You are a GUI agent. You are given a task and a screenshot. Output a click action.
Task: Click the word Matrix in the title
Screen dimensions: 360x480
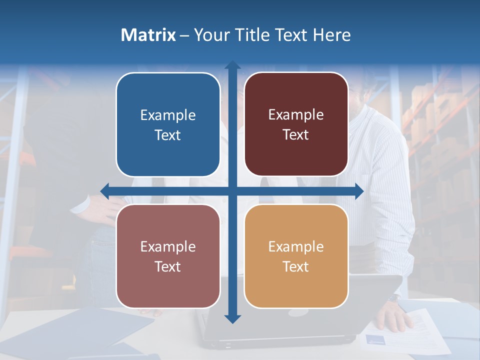(x=148, y=35)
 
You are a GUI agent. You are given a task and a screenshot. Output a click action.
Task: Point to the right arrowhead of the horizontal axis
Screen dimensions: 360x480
(x=359, y=191)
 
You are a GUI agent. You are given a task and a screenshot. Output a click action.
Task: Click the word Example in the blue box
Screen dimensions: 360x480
(x=168, y=115)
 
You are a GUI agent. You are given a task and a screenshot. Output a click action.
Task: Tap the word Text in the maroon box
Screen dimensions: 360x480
(x=296, y=135)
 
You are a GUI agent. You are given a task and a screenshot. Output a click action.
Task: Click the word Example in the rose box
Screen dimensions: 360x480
(x=168, y=246)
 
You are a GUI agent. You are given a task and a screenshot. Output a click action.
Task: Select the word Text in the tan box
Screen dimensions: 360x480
(x=296, y=266)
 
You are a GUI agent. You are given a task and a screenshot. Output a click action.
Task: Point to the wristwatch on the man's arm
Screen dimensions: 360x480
(x=394, y=298)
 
